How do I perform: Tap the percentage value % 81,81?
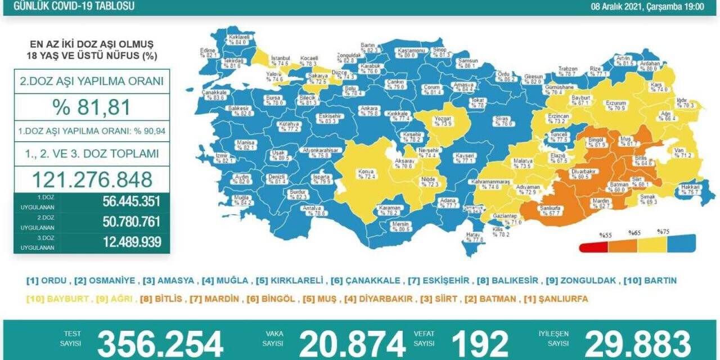[92, 107]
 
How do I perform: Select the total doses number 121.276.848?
[92, 179]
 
